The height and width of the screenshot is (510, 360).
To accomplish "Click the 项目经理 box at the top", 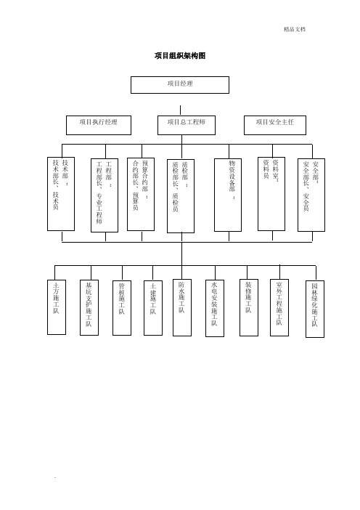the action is [x=180, y=85].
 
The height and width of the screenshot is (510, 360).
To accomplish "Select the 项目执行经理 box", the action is [x=99, y=125].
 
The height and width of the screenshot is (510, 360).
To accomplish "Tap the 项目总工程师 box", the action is [x=187, y=125].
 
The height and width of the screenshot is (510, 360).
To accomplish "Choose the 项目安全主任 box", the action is [x=275, y=125].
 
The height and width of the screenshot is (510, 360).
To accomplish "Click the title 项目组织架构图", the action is [x=180, y=56].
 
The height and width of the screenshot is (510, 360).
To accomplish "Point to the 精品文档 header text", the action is [x=295, y=29].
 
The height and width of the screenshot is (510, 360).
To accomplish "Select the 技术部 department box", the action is [x=61, y=194].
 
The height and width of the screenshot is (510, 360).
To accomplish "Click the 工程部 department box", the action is [x=105, y=195].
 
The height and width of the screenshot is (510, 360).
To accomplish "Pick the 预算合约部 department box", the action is [x=141, y=195].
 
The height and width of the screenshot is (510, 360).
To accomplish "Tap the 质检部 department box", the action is [x=181, y=196].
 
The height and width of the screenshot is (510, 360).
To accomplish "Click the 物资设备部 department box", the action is [x=228, y=195].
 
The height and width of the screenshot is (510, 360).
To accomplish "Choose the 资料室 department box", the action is [x=271, y=194].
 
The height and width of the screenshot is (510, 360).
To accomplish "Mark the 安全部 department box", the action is [x=311, y=195].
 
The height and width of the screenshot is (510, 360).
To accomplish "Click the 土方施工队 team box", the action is [x=57, y=307].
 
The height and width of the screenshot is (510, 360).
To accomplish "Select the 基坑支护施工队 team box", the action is [x=89, y=308].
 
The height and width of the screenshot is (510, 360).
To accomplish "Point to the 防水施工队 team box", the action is [x=182, y=308].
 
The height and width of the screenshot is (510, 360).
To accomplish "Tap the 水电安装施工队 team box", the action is [x=215, y=308].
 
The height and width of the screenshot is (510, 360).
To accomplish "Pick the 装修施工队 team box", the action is [x=249, y=308].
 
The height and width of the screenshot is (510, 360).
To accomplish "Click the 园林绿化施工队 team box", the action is [x=315, y=309].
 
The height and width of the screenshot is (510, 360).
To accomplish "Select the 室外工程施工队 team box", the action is [x=279, y=308].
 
